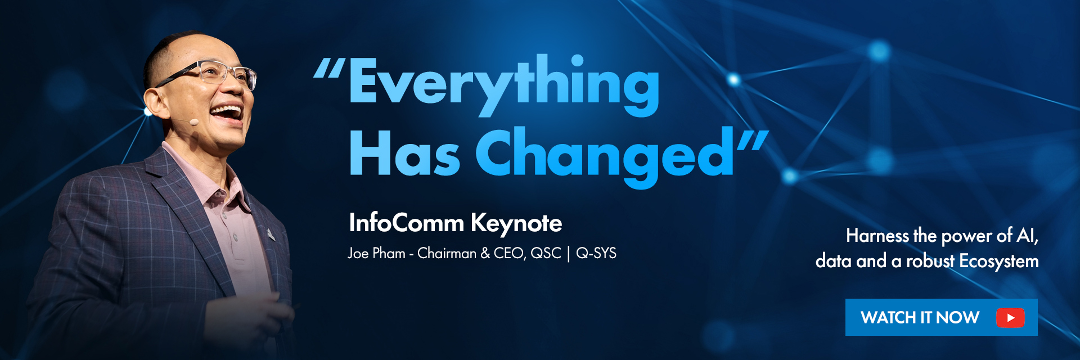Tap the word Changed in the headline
[605, 156]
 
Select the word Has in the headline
[404, 153]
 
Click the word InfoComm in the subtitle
[406, 223]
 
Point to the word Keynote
[516, 224]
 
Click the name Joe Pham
[376, 253]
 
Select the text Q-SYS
[596, 253]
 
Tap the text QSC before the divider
[546, 253]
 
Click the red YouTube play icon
[1010, 318]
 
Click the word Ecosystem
[999, 261]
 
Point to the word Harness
[877, 235]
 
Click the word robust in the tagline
[930, 261]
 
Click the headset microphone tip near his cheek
[193, 121]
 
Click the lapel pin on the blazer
[271, 233]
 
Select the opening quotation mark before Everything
[329, 68]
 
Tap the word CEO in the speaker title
[510, 254]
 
